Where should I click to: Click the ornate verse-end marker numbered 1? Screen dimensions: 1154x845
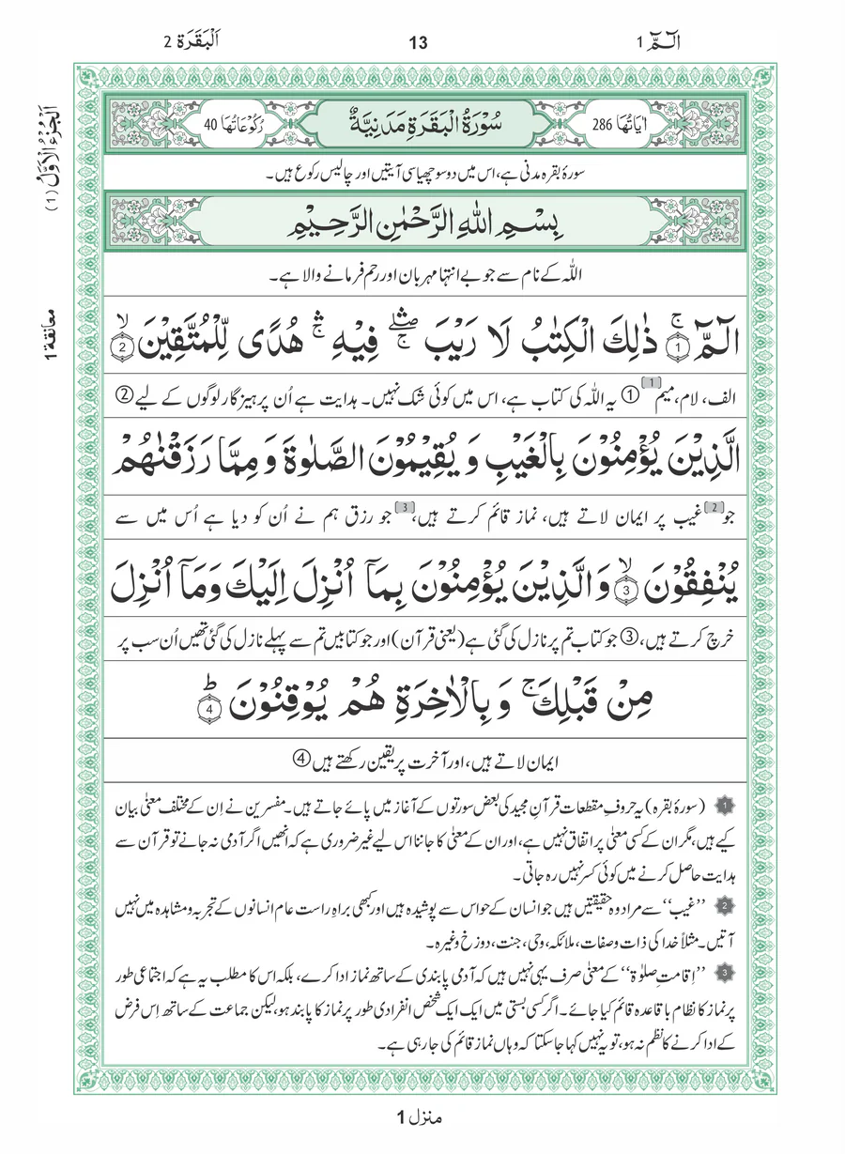click(x=672, y=344)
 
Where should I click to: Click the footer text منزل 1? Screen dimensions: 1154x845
click(x=421, y=1118)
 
